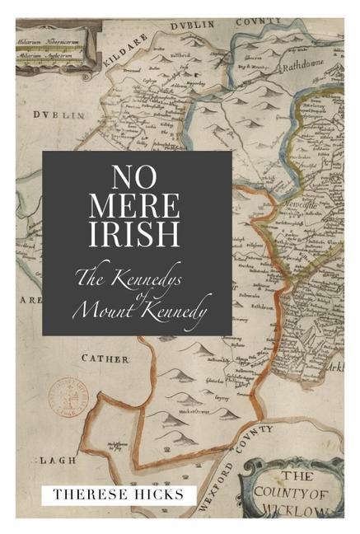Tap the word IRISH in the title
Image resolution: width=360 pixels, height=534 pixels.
click(137, 233)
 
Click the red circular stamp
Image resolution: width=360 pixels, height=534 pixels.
click(67, 396)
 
